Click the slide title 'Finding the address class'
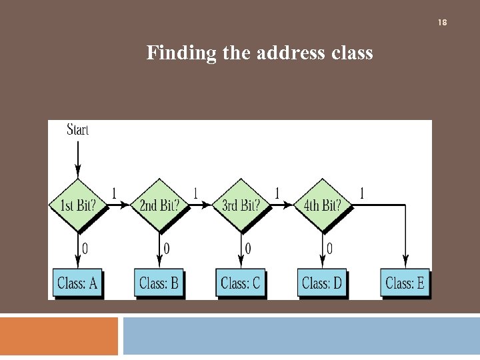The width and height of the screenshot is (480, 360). pyautogui.click(x=259, y=52)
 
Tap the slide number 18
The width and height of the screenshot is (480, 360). pyautogui.click(x=442, y=23)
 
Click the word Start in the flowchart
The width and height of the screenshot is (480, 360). pyautogui.click(x=77, y=129)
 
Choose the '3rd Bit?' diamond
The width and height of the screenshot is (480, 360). pyautogui.click(x=241, y=205)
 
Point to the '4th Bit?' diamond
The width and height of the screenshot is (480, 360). pyautogui.click(x=322, y=205)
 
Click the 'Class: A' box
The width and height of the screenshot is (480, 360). pyautogui.click(x=77, y=283)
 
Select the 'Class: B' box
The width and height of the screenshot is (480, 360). pyautogui.click(x=159, y=283)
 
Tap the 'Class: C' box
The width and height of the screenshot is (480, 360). pyautogui.click(x=240, y=283)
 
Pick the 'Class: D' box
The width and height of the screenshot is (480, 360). pyautogui.click(x=321, y=283)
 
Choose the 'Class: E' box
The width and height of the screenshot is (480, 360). pyautogui.click(x=405, y=283)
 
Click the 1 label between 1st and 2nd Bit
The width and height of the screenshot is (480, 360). pyautogui.click(x=114, y=193)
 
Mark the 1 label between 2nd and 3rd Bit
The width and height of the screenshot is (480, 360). pyautogui.click(x=195, y=193)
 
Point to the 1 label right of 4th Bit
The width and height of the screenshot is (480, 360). pyautogui.click(x=362, y=193)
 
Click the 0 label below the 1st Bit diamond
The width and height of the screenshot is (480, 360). pyautogui.click(x=85, y=249)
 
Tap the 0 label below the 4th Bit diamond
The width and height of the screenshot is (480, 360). pyautogui.click(x=329, y=249)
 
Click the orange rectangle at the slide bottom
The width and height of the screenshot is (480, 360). pyautogui.click(x=59, y=336)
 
